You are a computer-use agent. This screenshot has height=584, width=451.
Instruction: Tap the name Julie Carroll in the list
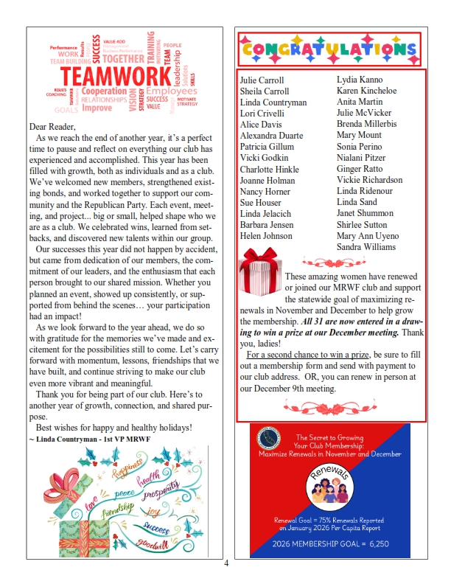[262, 81]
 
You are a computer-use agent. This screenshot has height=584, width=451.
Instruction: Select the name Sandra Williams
[366, 247]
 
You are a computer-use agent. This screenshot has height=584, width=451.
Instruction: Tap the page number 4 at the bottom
[226, 564]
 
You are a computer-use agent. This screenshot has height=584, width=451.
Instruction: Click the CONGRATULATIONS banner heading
[329, 50]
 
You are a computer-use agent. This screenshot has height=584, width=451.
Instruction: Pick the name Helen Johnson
[266, 236]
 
